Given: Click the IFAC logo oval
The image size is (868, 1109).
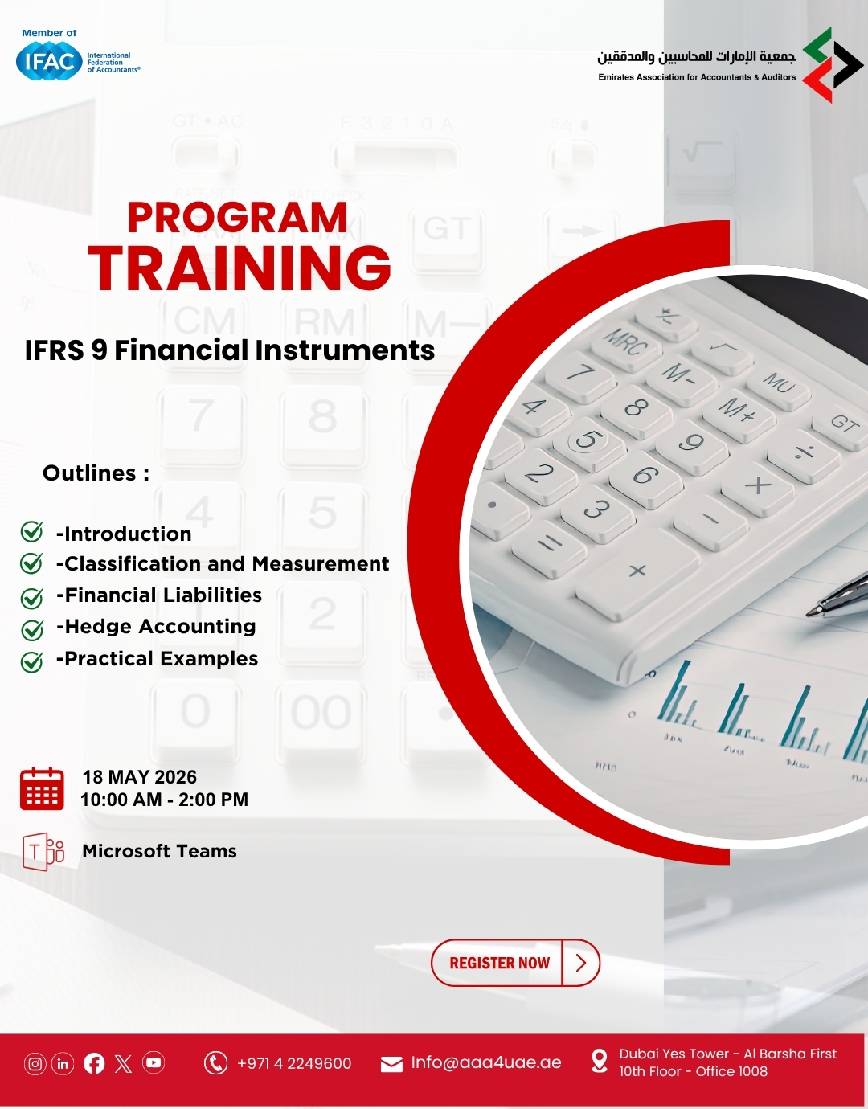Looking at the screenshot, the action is point(49,61).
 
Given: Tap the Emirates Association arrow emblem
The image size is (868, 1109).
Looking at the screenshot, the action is point(833,65).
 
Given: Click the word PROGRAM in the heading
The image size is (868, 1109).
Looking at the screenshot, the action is point(237,218).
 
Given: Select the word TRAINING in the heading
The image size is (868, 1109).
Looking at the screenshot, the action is point(240,268).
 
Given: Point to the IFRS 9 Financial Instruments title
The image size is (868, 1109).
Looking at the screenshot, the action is point(230,350).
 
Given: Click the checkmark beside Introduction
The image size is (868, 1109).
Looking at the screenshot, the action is point(31,531).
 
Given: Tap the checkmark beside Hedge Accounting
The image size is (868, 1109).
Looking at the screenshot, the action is point(31,630).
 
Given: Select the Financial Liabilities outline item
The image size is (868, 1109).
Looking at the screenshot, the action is point(158,595).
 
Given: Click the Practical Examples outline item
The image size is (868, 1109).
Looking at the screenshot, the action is point(158,658).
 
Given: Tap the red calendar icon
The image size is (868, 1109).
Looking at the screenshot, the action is point(42,788).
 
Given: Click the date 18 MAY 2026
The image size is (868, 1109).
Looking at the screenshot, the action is point(139,777).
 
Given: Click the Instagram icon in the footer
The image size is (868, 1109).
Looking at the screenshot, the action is point(35,1063).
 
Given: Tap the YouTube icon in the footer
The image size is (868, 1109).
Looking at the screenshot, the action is point(154,1063).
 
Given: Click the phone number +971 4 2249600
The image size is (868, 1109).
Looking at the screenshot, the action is point(294,1063).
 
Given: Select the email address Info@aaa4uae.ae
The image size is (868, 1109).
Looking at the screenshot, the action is point(485,1062).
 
